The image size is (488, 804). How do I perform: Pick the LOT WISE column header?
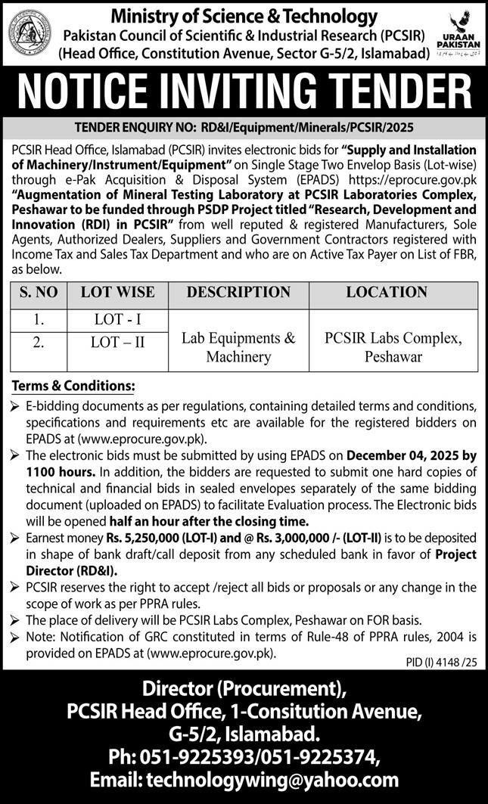(117, 292)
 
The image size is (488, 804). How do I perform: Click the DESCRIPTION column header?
(238, 292)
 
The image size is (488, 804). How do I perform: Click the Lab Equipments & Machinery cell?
(238, 347)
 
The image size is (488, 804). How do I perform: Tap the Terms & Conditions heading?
(73, 386)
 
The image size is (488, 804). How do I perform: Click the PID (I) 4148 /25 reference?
(439, 662)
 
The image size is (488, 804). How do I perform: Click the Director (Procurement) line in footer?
(244, 689)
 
